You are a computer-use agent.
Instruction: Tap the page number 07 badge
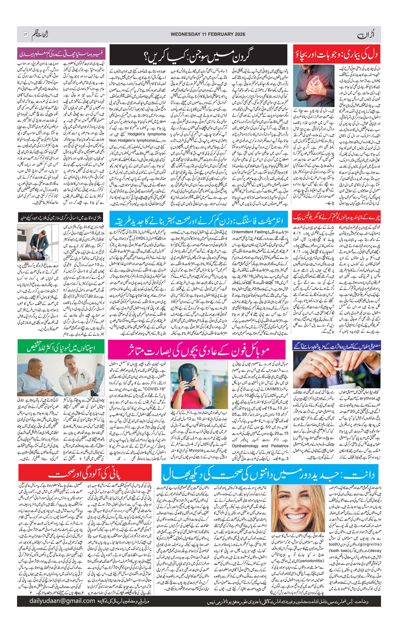[x=25, y=34]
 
